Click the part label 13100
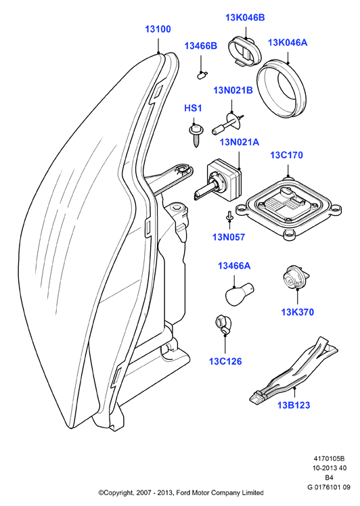coord(158,29)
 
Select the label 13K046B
coord(245,18)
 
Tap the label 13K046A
coord(288,42)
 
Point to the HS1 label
coord(193,108)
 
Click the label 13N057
coord(229,237)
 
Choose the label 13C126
coord(225,361)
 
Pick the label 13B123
coord(294,405)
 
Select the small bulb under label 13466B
coord(202,75)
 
